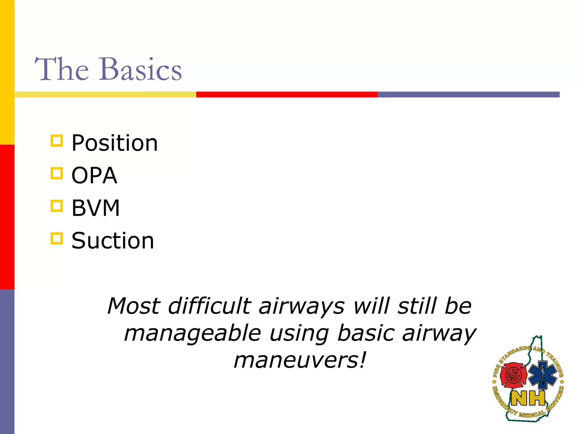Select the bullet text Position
click(x=114, y=143)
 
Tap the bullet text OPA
click(x=94, y=175)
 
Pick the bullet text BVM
click(x=96, y=208)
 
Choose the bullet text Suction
click(x=113, y=241)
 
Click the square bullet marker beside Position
click(x=57, y=140)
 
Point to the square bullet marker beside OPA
click(x=57, y=173)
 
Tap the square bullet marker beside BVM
click(x=57, y=206)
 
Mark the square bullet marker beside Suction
click(x=57, y=238)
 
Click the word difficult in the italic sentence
click(x=209, y=306)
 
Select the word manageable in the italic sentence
click(x=192, y=333)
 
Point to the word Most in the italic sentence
click(x=134, y=306)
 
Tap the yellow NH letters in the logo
click(x=528, y=398)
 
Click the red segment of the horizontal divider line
click(x=287, y=94)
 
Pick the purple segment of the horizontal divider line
click(x=468, y=94)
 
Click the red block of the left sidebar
click(x=7, y=217)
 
